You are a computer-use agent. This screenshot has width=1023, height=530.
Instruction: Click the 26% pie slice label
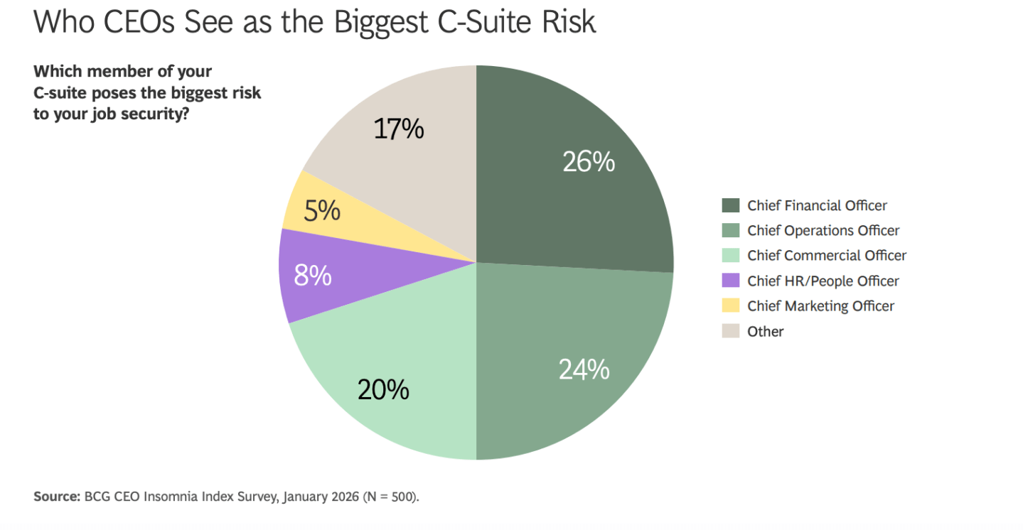(x=588, y=162)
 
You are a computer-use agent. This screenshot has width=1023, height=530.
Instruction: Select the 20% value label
(x=383, y=389)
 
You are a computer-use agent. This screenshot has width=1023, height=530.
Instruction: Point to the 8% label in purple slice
(x=313, y=275)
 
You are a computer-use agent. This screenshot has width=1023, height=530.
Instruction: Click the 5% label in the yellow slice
(x=321, y=211)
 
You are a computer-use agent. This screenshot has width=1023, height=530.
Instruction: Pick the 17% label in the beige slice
(x=398, y=129)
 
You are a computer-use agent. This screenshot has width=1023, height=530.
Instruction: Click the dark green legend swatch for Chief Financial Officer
(x=730, y=205)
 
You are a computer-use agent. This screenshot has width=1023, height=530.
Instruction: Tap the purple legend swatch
(x=730, y=281)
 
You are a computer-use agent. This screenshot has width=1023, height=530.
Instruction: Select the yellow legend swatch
(x=730, y=305)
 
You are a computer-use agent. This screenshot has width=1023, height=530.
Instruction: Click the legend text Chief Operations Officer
(x=823, y=230)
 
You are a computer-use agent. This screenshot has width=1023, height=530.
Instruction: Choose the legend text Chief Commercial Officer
(x=827, y=255)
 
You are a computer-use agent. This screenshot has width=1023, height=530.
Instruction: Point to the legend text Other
(x=766, y=331)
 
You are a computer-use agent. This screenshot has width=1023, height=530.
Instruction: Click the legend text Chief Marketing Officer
(x=820, y=305)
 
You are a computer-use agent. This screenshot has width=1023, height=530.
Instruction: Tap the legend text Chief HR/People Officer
(x=823, y=281)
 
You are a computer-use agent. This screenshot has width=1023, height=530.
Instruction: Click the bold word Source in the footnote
(x=56, y=497)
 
